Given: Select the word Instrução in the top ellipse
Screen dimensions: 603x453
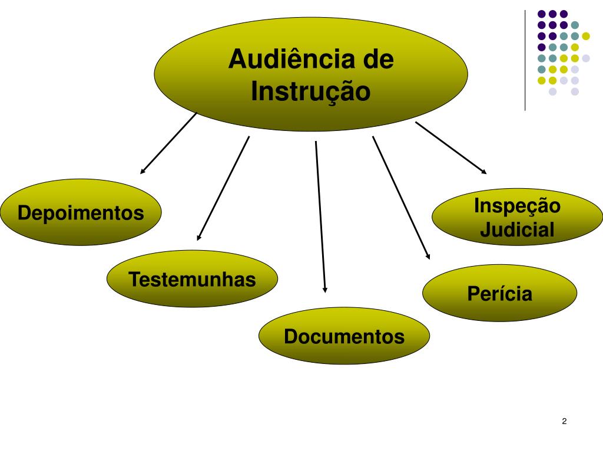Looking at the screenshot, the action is pos(311,91).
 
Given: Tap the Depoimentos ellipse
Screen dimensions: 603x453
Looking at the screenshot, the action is pos(81,212).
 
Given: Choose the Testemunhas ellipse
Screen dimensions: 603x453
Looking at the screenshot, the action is pos(192,279).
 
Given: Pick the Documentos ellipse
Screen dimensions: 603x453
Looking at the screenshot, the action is pos(344,336).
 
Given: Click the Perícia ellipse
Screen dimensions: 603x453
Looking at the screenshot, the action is pos(499,293).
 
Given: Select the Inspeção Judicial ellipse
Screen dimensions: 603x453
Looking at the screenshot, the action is pos(517,218).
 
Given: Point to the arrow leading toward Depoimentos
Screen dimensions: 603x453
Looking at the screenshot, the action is pos(168,143).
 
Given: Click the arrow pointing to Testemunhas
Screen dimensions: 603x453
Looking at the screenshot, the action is pos(223,188).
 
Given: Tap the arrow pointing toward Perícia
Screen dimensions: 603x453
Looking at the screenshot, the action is pos(401,198).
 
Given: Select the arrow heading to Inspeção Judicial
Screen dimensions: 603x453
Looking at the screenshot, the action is pos(451,148).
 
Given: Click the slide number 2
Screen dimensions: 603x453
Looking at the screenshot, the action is pos(564,421).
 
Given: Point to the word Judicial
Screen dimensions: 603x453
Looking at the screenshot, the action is pos(517,229).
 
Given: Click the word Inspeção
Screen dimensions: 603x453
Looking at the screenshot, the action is pos(517,206).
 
